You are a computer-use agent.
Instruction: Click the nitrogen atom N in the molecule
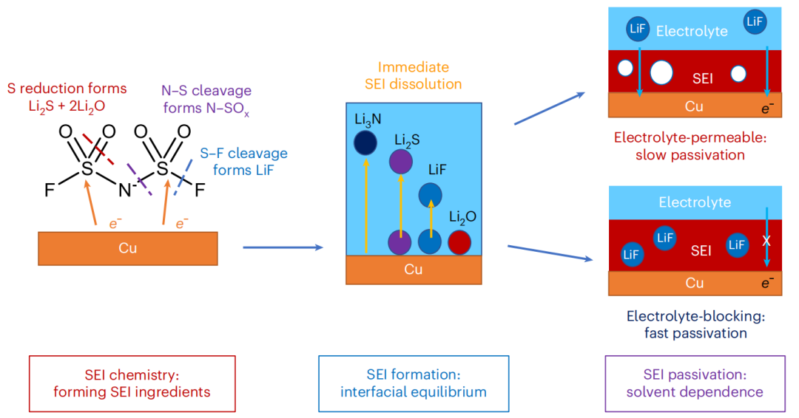[124, 190]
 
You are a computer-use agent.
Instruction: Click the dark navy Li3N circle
[365, 143]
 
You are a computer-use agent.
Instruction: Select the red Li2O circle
[459, 242]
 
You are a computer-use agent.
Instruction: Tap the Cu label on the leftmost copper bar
[127, 248]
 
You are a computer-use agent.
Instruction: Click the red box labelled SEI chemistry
[132, 383]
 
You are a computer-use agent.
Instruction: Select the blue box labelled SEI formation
[414, 383]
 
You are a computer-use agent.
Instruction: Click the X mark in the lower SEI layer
[766, 241]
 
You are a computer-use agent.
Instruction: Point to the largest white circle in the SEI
[661, 72]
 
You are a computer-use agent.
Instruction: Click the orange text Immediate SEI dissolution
[413, 75]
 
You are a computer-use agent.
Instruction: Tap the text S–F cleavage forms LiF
[243, 162]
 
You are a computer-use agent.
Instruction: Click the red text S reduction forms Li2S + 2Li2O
[67, 97]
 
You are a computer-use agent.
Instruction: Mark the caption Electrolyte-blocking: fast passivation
[695, 324]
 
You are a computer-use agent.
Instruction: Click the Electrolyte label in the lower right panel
[695, 202]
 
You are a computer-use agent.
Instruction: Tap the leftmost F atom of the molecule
[50, 191]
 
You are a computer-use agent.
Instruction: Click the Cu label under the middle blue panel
[413, 270]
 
